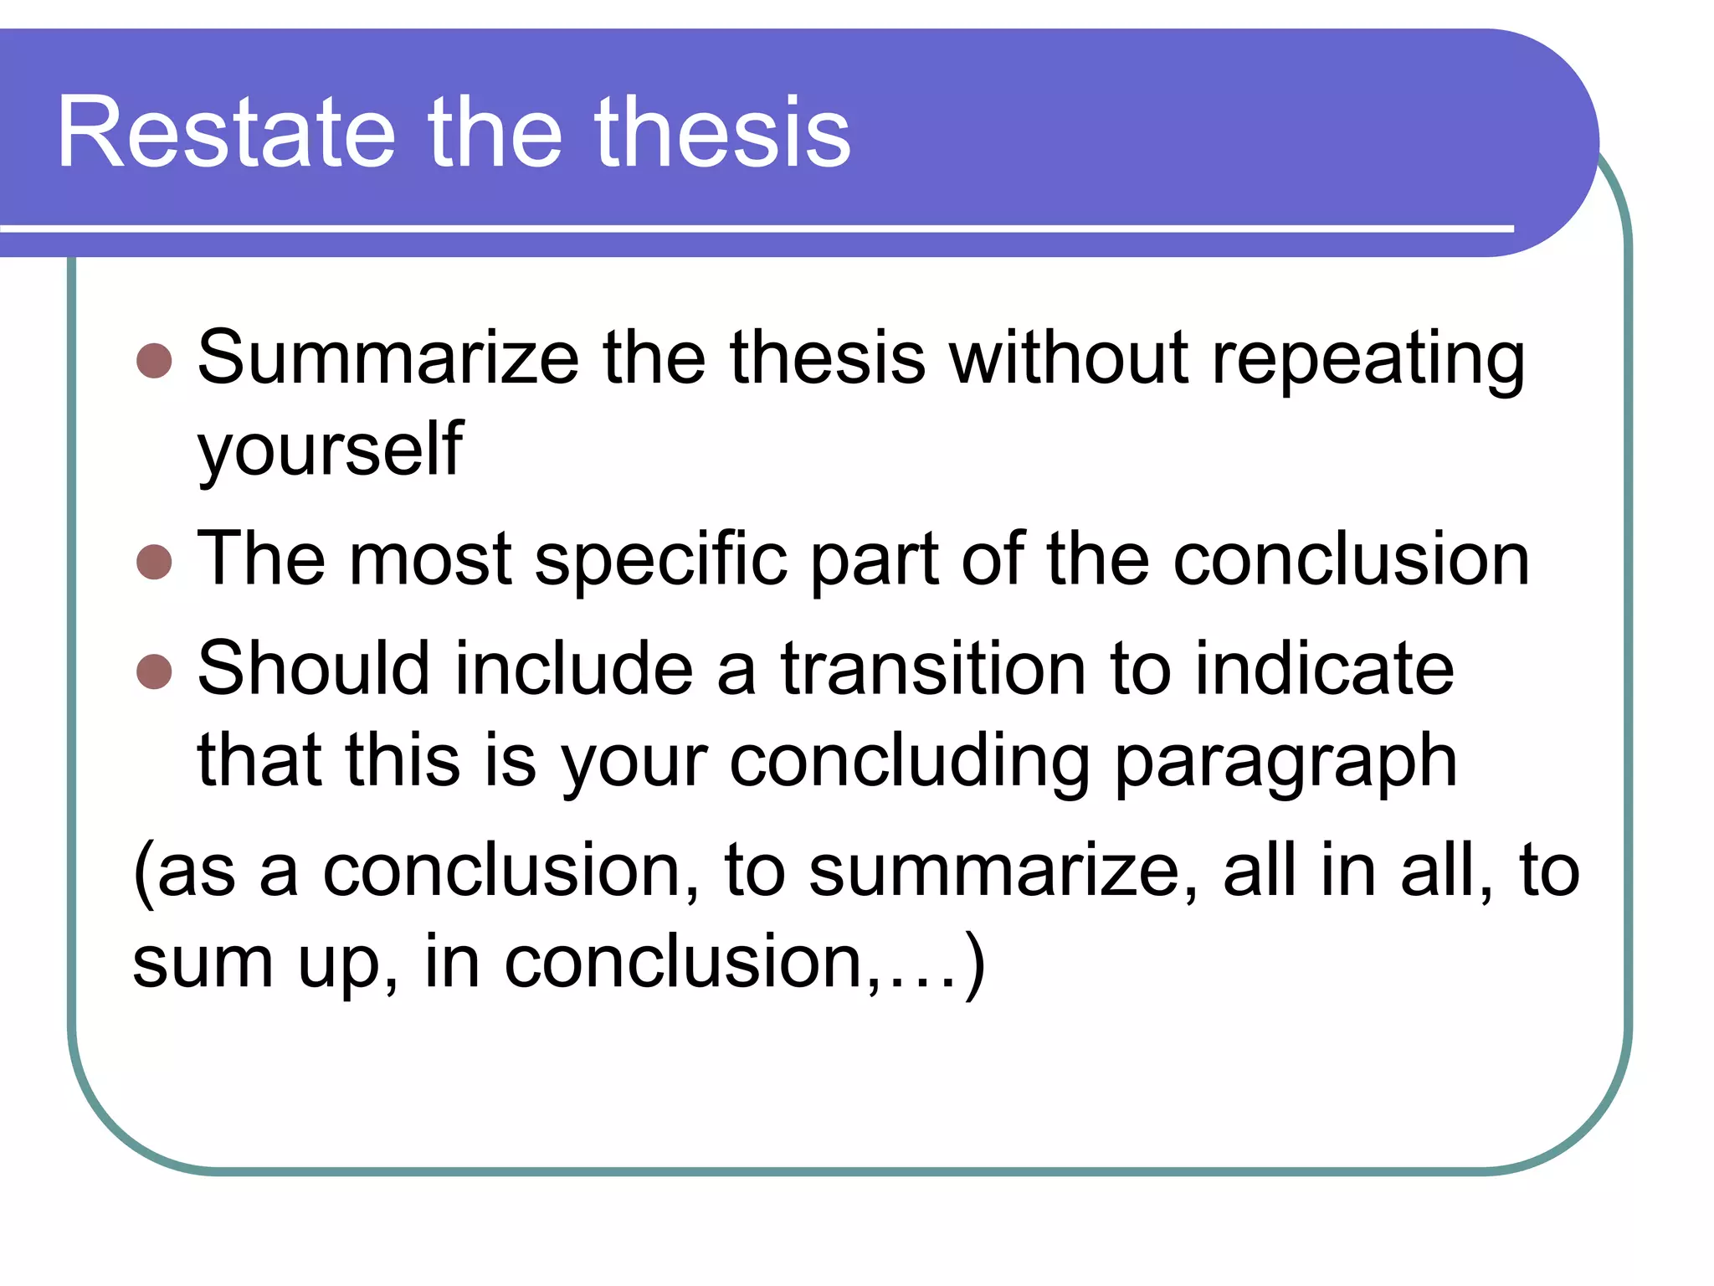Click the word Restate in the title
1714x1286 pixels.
click(x=226, y=132)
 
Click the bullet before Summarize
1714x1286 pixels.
click(x=154, y=361)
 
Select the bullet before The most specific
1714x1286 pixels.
click(x=154, y=562)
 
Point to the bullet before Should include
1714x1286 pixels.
click(x=154, y=671)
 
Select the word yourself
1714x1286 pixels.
click(x=330, y=450)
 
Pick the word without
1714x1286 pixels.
click(x=1069, y=358)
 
